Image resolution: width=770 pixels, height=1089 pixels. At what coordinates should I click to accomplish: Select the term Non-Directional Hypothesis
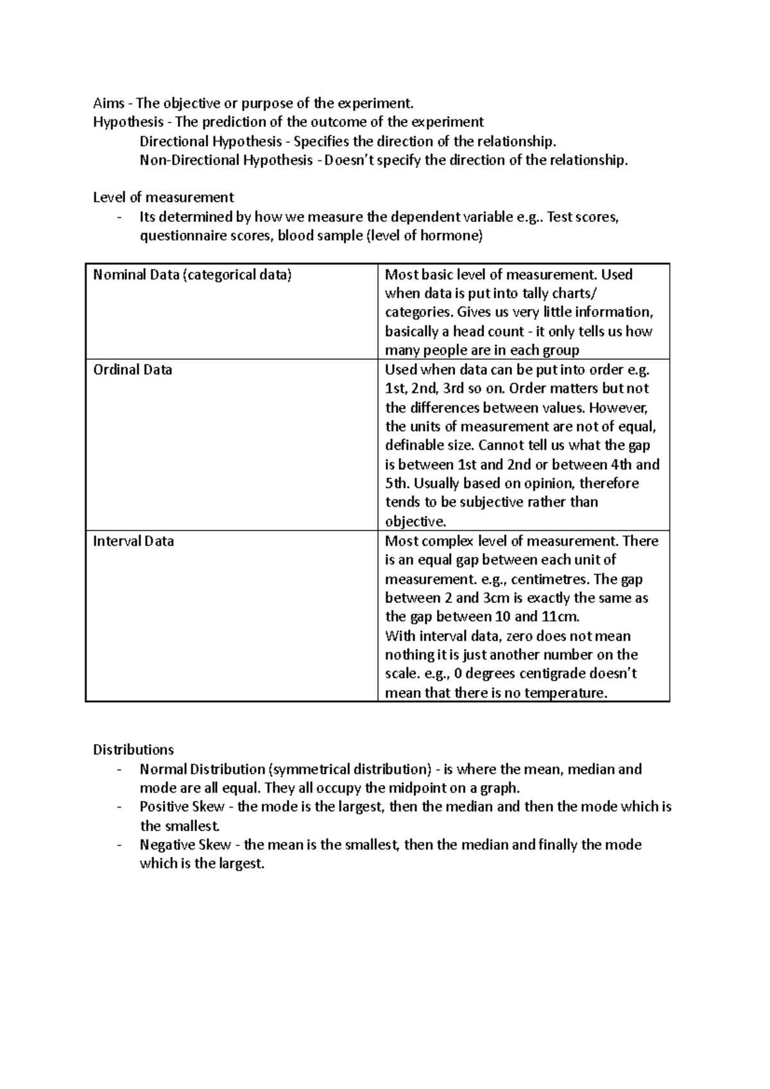click(227, 160)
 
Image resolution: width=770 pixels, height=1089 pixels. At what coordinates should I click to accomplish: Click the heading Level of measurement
click(163, 198)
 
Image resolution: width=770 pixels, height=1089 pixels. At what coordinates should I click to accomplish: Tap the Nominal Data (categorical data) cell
click(193, 275)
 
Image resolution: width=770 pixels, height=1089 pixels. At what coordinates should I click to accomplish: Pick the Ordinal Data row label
click(132, 370)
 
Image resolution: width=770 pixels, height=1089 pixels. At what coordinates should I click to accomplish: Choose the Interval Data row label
click(133, 541)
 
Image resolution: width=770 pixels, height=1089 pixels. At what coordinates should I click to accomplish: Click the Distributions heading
click(133, 750)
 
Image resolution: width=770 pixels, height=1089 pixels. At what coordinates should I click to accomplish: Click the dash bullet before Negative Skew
click(120, 845)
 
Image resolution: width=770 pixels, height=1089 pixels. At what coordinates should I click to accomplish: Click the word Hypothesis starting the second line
click(128, 122)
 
